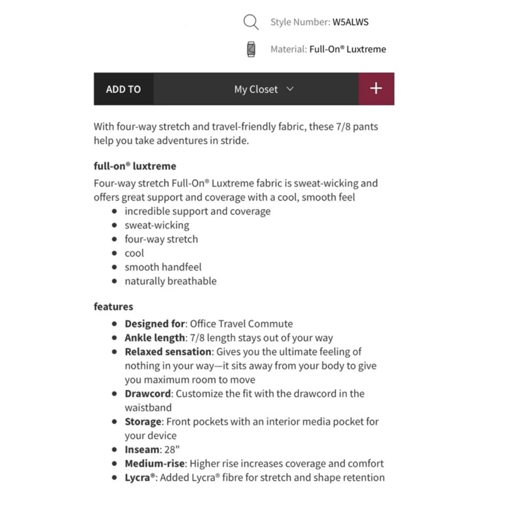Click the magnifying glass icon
(x=251, y=22)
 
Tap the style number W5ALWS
(x=350, y=22)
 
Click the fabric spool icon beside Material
(x=251, y=49)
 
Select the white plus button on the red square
(x=376, y=89)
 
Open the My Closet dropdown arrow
(x=290, y=89)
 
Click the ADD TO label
(x=123, y=89)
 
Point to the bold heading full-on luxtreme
(x=135, y=166)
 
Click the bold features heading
(x=113, y=306)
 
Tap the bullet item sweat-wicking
(x=157, y=225)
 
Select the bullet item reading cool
(x=134, y=253)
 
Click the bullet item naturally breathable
(x=170, y=281)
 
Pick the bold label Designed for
(x=155, y=324)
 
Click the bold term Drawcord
(x=148, y=393)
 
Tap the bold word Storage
(x=143, y=421)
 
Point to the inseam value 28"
(x=172, y=449)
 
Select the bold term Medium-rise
(x=155, y=463)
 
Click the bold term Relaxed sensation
(x=168, y=351)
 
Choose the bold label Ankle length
(x=155, y=338)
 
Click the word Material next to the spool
(x=288, y=49)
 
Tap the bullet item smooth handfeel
(x=163, y=267)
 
